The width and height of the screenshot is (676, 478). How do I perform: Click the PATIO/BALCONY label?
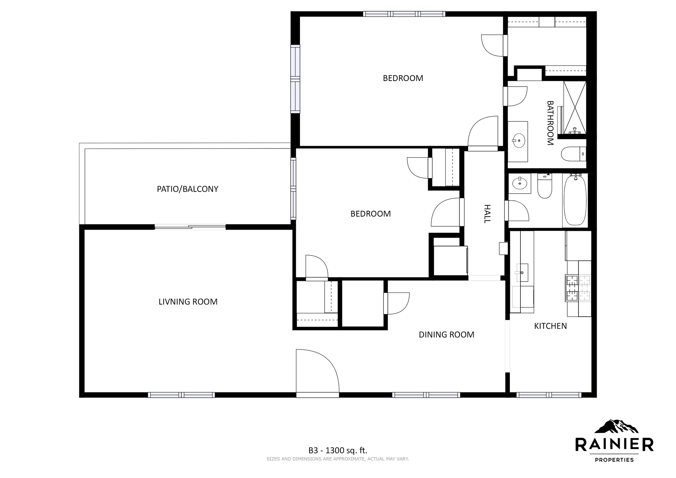click(x=187, y=189)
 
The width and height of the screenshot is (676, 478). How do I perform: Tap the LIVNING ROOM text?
click(x=188, y=302)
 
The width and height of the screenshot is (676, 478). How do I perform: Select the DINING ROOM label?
click(x=446, y=334)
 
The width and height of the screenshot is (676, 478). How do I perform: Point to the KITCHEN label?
click(x=550, y=326)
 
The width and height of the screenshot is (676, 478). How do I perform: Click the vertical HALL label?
click(x=487, y=214)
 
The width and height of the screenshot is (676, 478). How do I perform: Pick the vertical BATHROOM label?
click(x=550, y=123)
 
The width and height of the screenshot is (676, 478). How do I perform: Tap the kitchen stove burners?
click(x=578, y=288)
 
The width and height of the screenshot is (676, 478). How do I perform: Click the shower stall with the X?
click(x=575, y=107)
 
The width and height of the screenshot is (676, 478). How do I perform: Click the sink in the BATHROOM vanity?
click(x=519, y=141)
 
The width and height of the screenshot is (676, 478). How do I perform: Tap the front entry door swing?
click(x=317, y=373)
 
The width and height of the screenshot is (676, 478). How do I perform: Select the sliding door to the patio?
click(x=190, y=227)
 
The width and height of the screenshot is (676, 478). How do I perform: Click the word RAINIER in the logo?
click(x=614, y=444)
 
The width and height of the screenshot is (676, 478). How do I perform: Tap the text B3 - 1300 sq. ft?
click(x=338, y=450)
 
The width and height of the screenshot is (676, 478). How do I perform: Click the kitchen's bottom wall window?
click(x=549, y=395)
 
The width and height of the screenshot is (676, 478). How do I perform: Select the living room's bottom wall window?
click(x=181, y=395)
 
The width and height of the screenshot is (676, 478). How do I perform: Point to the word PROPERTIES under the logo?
click(x=614, y=460)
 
